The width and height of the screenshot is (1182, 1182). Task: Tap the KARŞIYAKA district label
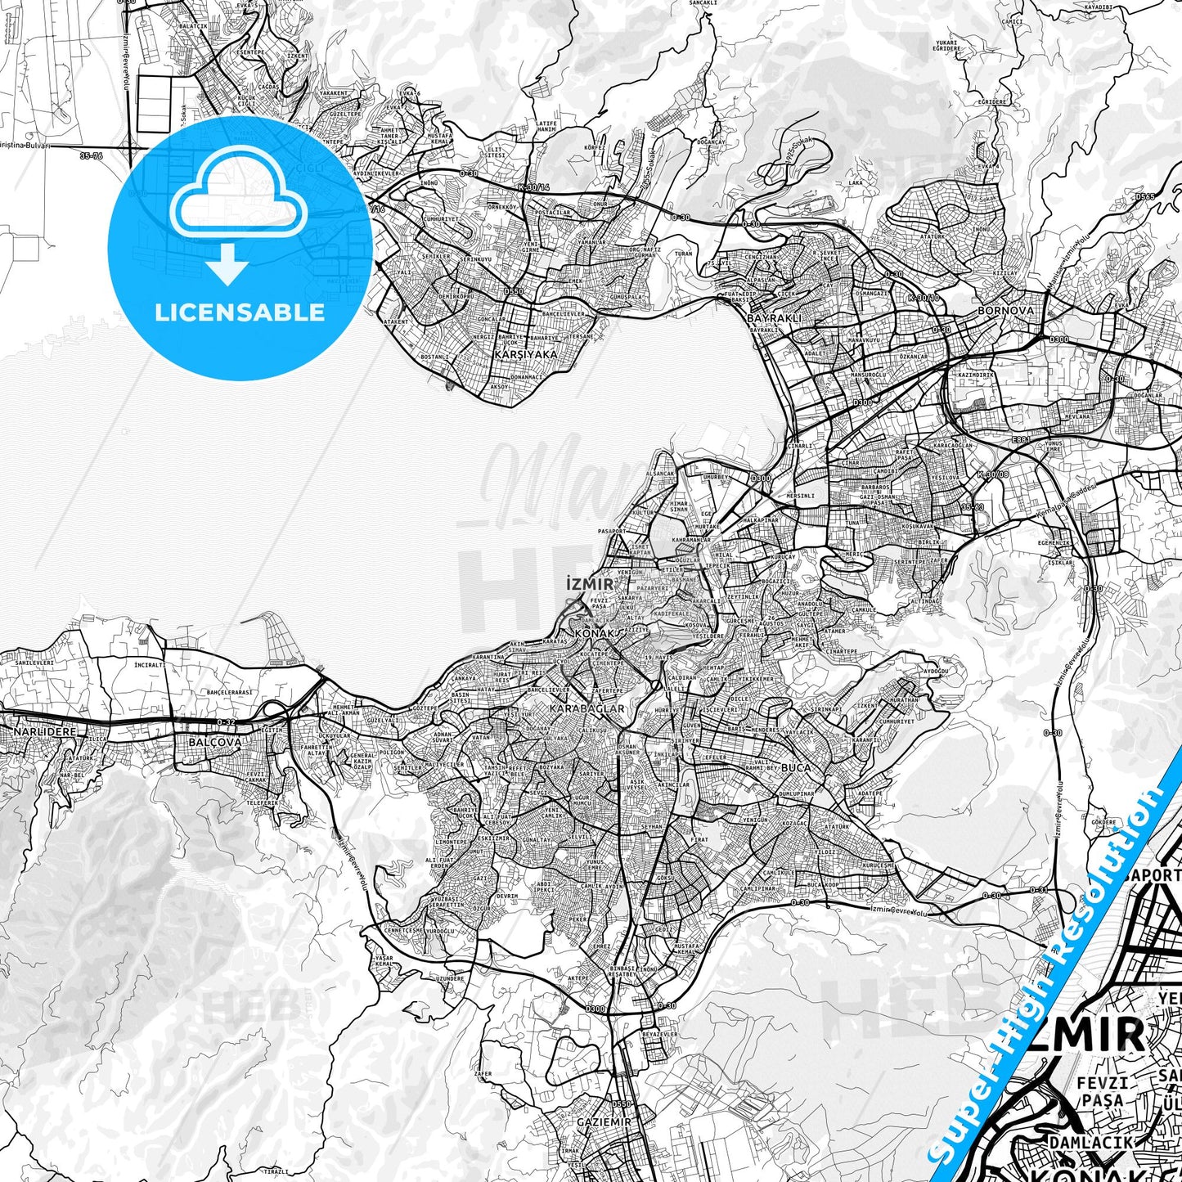click(526, 355)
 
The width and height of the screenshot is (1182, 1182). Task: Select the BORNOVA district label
click(1005, 311)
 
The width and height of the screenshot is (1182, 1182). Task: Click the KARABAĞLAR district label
click(587, 708)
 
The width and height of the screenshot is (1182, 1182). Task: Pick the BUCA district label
click(796, 768)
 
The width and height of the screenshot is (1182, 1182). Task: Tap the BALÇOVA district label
click(215, 742)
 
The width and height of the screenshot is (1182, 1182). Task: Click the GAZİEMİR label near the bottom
click(604, 1121)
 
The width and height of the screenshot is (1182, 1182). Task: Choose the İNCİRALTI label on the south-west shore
click(149, 665)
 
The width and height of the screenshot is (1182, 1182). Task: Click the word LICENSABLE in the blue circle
click(240, 312)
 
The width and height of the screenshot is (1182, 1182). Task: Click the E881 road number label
click(1022, 439)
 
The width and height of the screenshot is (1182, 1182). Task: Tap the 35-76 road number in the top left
click(92, 155)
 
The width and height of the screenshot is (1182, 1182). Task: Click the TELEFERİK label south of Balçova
click(264, 803)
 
